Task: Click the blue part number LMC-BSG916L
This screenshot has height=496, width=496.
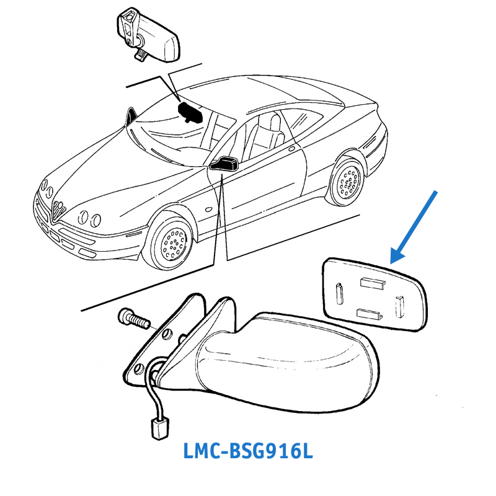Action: (248, 451)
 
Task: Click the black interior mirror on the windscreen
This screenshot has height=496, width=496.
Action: (192, 112)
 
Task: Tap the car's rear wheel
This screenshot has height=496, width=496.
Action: (347, 180)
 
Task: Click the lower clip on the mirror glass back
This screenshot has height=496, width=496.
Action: (370, 314)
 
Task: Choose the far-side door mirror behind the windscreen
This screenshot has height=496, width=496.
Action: (132, 116)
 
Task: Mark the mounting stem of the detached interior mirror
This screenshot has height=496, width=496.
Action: (140, 53)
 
